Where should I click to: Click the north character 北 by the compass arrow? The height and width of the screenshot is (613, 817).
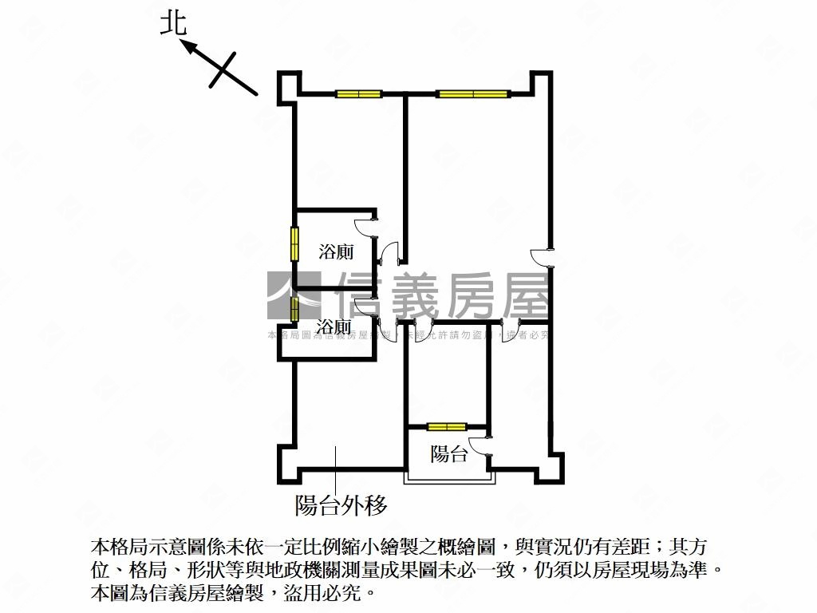point(172,23)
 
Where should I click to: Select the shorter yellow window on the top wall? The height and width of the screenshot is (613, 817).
point(358,94)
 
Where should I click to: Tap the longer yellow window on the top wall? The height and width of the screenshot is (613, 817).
point(472,94)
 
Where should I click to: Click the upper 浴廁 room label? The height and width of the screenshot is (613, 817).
point(336,253)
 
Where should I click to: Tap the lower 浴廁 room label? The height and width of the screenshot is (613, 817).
point(333,327)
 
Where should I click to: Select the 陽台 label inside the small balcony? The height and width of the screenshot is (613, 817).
point(448,455)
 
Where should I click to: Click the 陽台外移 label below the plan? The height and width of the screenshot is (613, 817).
point(341,505)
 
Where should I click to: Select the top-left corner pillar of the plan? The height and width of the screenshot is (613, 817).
point(288,85)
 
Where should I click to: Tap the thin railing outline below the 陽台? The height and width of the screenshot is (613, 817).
point(449,481)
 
